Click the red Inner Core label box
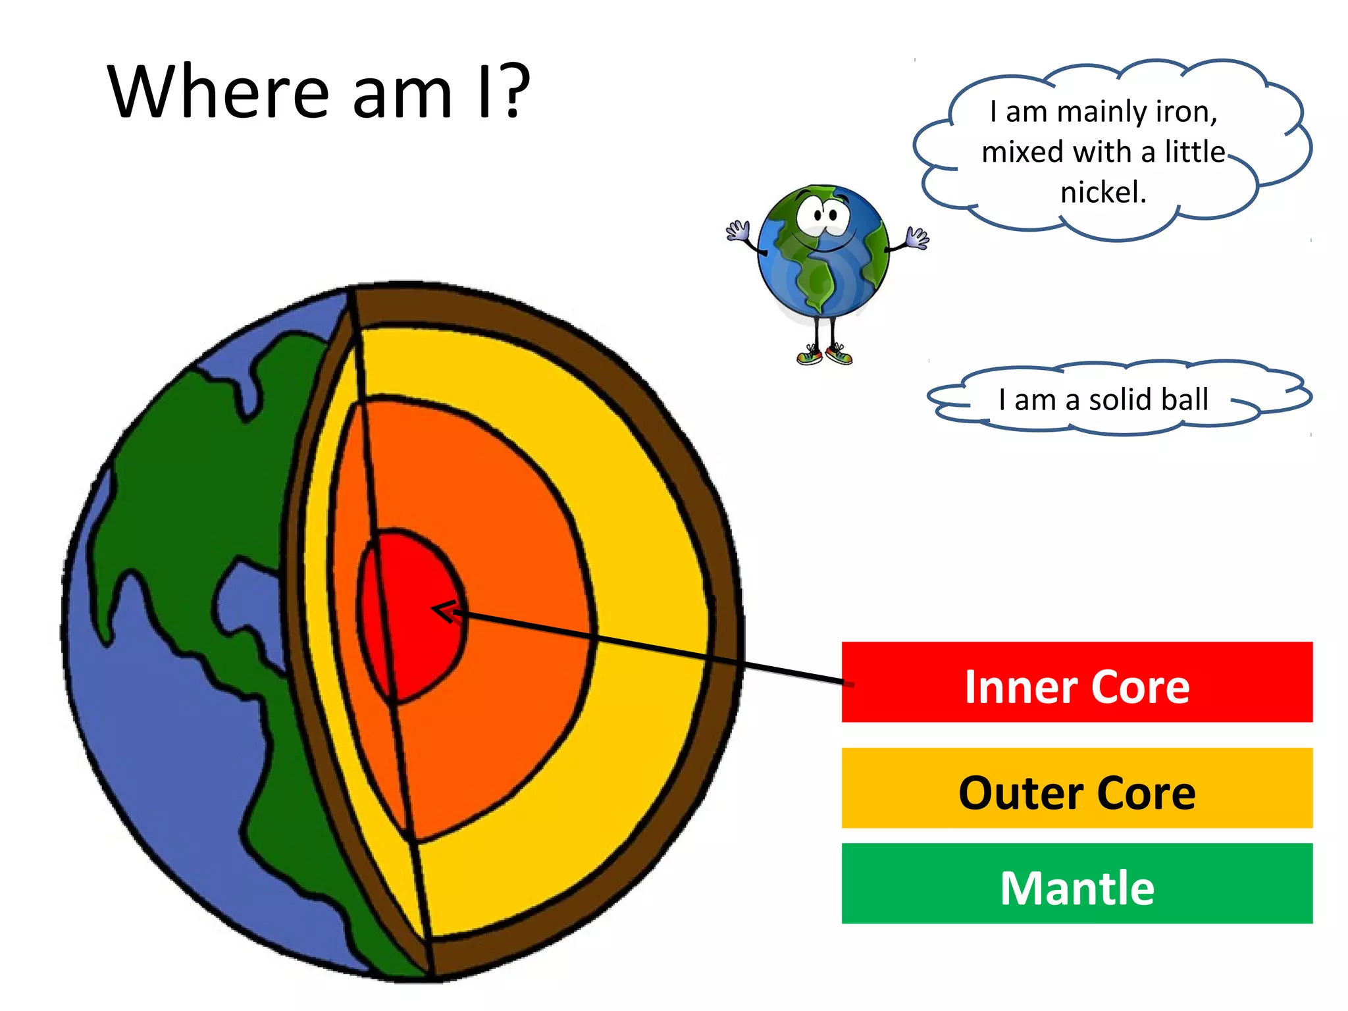click(1077, 682)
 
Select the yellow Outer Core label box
click(1077, 788)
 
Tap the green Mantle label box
click(1077, 883)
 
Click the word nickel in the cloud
click(1103, 192)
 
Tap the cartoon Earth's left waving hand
click(738, 231)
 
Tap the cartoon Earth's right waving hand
click(917, 237)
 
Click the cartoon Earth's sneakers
click(824, 356)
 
